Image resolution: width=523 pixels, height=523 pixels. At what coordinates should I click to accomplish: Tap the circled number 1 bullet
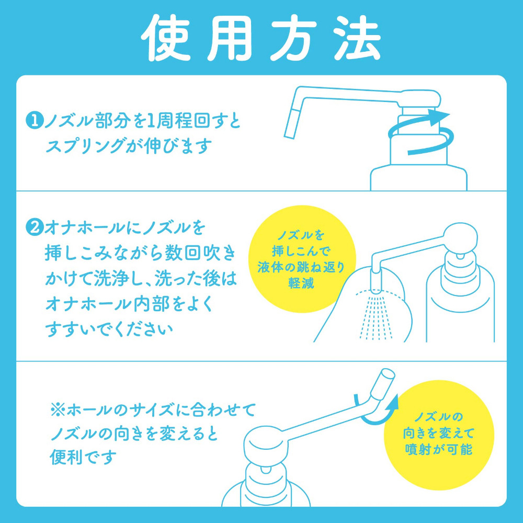(33, 121)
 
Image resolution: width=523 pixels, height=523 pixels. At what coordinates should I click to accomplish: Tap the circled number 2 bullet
(33, 228)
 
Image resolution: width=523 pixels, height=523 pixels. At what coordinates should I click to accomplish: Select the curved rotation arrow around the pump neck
(421, 131)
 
